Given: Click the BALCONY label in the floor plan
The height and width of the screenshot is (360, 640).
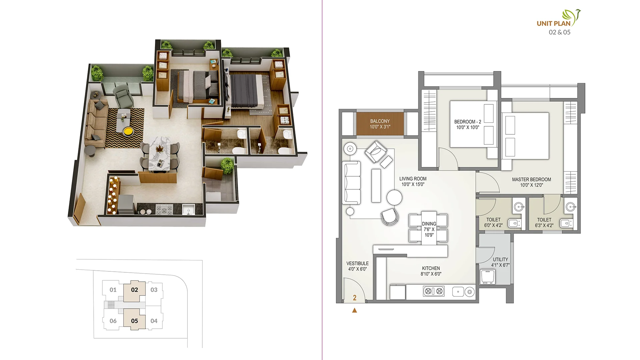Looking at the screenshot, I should pyautogui.click(x=380, y=124).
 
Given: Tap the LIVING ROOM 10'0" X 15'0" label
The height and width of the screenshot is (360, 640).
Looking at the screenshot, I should pyautogui.click(x=413, y=181).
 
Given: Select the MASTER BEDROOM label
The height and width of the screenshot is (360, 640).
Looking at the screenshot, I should pyautogui.click(x=531, y=182).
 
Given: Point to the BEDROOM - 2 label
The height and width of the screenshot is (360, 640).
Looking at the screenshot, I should pyautogui.click(x=467, y=124).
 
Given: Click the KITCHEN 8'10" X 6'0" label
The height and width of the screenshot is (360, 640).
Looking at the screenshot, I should pyautogui.click(x=431, y=271).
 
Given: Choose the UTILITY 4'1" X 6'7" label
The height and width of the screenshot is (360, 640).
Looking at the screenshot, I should pyautogui.click(x=500, y=262).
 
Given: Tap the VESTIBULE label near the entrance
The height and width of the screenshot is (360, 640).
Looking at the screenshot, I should pyautogui.click(x=357, y=266).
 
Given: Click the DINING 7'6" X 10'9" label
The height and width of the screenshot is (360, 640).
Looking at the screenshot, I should pyautogui.click(x=429, y=229).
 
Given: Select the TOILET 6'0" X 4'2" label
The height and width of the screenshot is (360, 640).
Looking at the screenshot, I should pyautogui.click(x=493, y=222).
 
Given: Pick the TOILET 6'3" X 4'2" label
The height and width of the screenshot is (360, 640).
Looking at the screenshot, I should pyautogui.click(x=544, y=222).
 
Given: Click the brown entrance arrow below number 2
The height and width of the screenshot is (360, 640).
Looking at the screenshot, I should pyautogui.click(x=354, y=310).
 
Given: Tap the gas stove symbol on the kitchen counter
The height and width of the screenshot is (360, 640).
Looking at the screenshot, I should pyautogui.click(x=434, y=291).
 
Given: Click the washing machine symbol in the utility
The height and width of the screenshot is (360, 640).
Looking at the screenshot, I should pyautogui.click(x=488, y=277).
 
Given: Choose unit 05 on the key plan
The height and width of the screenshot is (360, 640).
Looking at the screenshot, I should pyautogui.click(x=134, y=321).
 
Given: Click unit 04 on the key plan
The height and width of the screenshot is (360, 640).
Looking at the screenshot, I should pyautogui.click(x=154, y=321).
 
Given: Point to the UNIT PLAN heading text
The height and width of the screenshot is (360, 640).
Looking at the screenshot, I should pyautogui.click(x=553, y=23).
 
